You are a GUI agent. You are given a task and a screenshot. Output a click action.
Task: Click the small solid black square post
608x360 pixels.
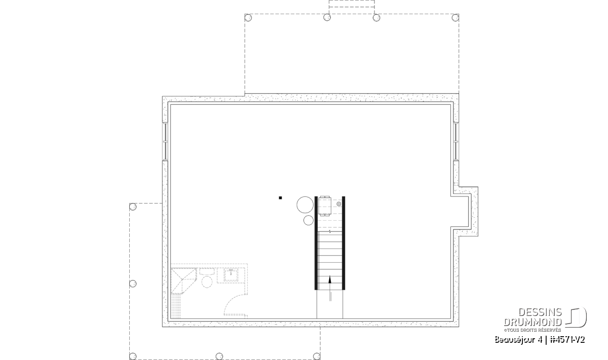click(x=280, y=198)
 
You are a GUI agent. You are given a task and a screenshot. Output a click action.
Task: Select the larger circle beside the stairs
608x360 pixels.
click(x=305, y=205)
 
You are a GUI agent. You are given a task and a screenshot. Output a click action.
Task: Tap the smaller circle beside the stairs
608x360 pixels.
click(x=309, y=220)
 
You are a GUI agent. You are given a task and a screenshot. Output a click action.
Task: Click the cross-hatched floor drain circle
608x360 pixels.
click(x=339, y=204)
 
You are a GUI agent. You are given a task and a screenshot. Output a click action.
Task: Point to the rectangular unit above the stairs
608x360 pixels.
click(x=325, y=206)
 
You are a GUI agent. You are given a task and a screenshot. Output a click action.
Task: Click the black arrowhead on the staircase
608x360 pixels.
click(x=330, y=279)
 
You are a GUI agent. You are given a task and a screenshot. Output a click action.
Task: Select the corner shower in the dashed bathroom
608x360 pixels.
click(x=183, y=281)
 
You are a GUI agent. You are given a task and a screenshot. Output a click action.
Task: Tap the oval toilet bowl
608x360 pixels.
click(x=207, y=282)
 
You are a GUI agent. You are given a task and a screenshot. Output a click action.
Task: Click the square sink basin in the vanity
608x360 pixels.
click(x=231, y=275)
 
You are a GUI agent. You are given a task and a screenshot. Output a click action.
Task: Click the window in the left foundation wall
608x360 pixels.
click(x=165, y=141)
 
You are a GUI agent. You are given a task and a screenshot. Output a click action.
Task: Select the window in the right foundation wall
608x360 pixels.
click(x=456, y=141)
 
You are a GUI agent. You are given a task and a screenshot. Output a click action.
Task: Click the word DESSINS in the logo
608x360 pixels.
click(x=540, y=312)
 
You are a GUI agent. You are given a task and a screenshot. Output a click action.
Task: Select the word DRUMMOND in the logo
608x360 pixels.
click(x=533, y=322)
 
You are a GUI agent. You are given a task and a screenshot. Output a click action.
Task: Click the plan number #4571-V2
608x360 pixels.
click(x=567, y=340)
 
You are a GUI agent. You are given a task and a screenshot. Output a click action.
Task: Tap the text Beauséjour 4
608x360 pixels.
click(x=518, y=340)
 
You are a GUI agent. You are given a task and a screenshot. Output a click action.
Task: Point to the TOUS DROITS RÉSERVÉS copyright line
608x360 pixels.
click(x=533, y=330)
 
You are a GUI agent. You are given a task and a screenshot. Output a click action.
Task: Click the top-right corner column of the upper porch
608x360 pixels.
click(x=455, y=18)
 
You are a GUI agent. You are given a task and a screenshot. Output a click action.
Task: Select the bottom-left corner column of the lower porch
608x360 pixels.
click(x=133, y=356)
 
